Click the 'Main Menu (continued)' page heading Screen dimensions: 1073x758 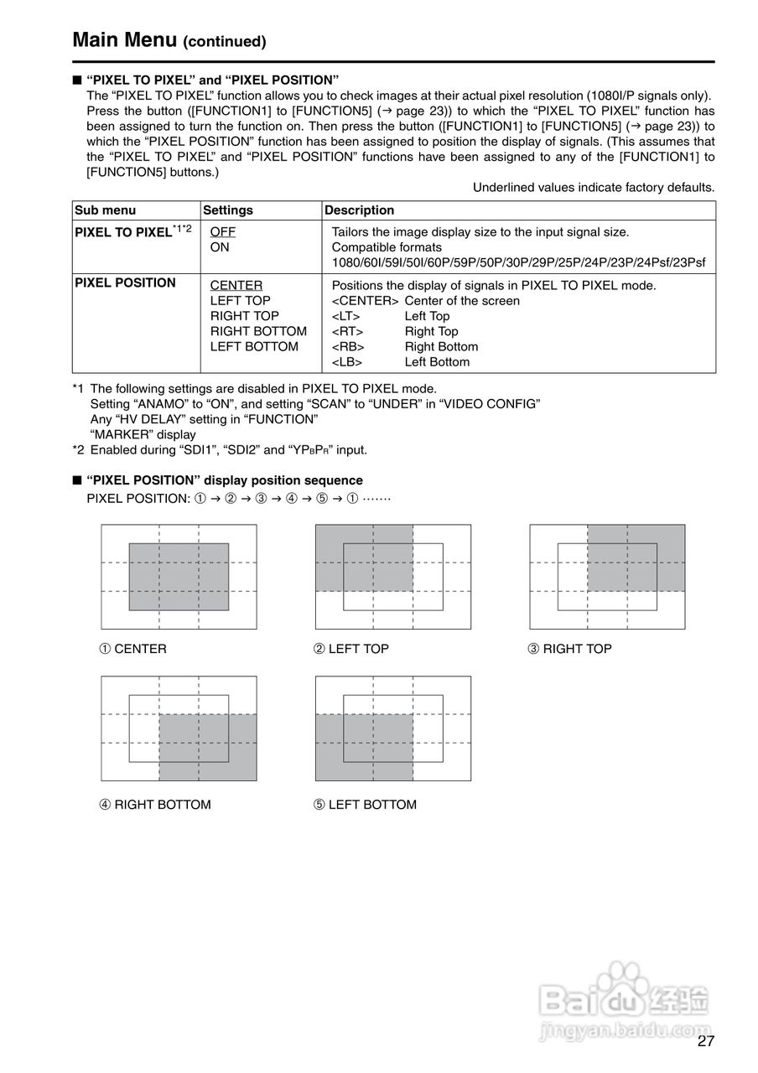169,40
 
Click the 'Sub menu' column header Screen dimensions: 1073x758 105,210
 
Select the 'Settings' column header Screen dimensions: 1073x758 227,210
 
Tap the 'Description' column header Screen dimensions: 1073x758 359,210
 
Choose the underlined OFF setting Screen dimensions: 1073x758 222,232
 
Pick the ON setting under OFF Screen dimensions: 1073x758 220,247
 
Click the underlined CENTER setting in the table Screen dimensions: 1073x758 236,286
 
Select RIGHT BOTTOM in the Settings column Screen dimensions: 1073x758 258,331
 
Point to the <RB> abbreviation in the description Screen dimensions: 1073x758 348,347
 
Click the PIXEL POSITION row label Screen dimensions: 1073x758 125,283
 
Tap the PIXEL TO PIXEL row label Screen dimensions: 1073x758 123,232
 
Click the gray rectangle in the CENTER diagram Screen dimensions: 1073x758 179,577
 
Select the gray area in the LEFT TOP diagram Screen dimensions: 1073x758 364,557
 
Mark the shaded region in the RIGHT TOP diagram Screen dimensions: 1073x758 636,557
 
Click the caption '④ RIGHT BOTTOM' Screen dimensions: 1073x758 155,805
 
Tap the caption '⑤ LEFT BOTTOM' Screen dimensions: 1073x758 365,805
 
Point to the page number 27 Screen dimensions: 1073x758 705,1042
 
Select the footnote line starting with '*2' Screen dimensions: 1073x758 220,450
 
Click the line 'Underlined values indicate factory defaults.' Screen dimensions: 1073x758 594,188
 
